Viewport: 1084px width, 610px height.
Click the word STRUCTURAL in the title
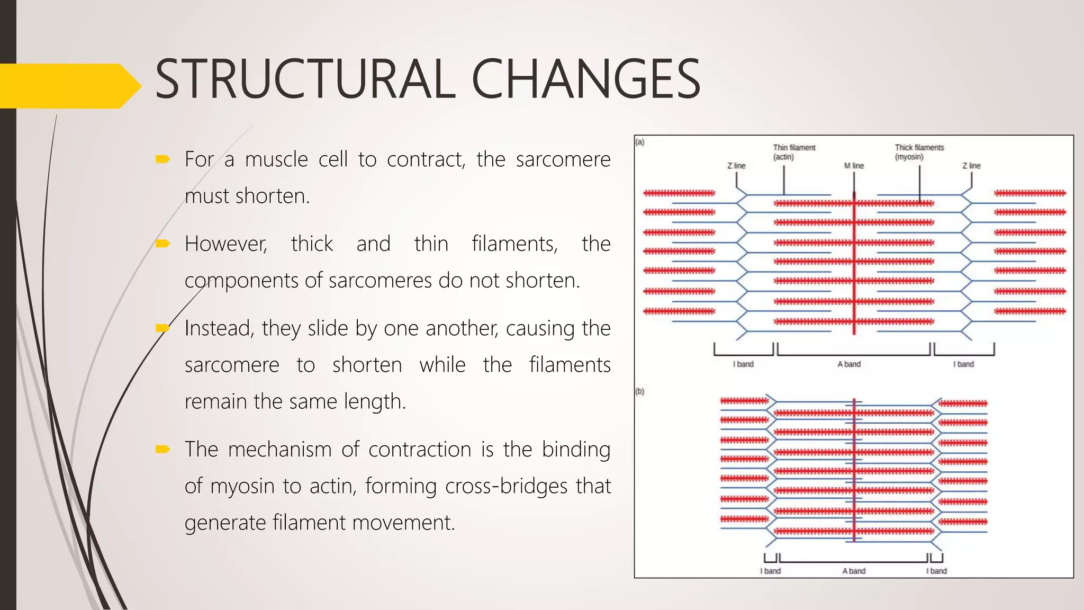(305, 79)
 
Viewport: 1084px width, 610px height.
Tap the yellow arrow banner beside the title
(69, 86)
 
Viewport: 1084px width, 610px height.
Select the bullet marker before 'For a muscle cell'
(162, 159)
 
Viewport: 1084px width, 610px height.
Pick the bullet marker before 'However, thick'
(162, 244)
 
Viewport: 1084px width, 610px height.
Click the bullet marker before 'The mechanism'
(162, 450)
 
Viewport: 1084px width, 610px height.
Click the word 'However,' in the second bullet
(226, 244)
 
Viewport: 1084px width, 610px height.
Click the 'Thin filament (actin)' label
(794, 152)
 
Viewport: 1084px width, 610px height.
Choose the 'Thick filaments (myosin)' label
(919, 152)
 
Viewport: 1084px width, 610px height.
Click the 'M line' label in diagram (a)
(854, 166)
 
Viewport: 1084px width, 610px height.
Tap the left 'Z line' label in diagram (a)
(736, 166)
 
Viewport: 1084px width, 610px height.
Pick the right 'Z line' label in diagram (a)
(971, 166)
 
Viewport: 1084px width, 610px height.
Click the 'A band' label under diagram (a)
(849, 364)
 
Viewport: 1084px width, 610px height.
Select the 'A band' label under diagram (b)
(854, 571)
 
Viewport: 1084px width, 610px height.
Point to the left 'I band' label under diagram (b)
(770, 571)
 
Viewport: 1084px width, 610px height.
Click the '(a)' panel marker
(640, 142)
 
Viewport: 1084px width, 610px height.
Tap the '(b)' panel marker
(640, 391)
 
